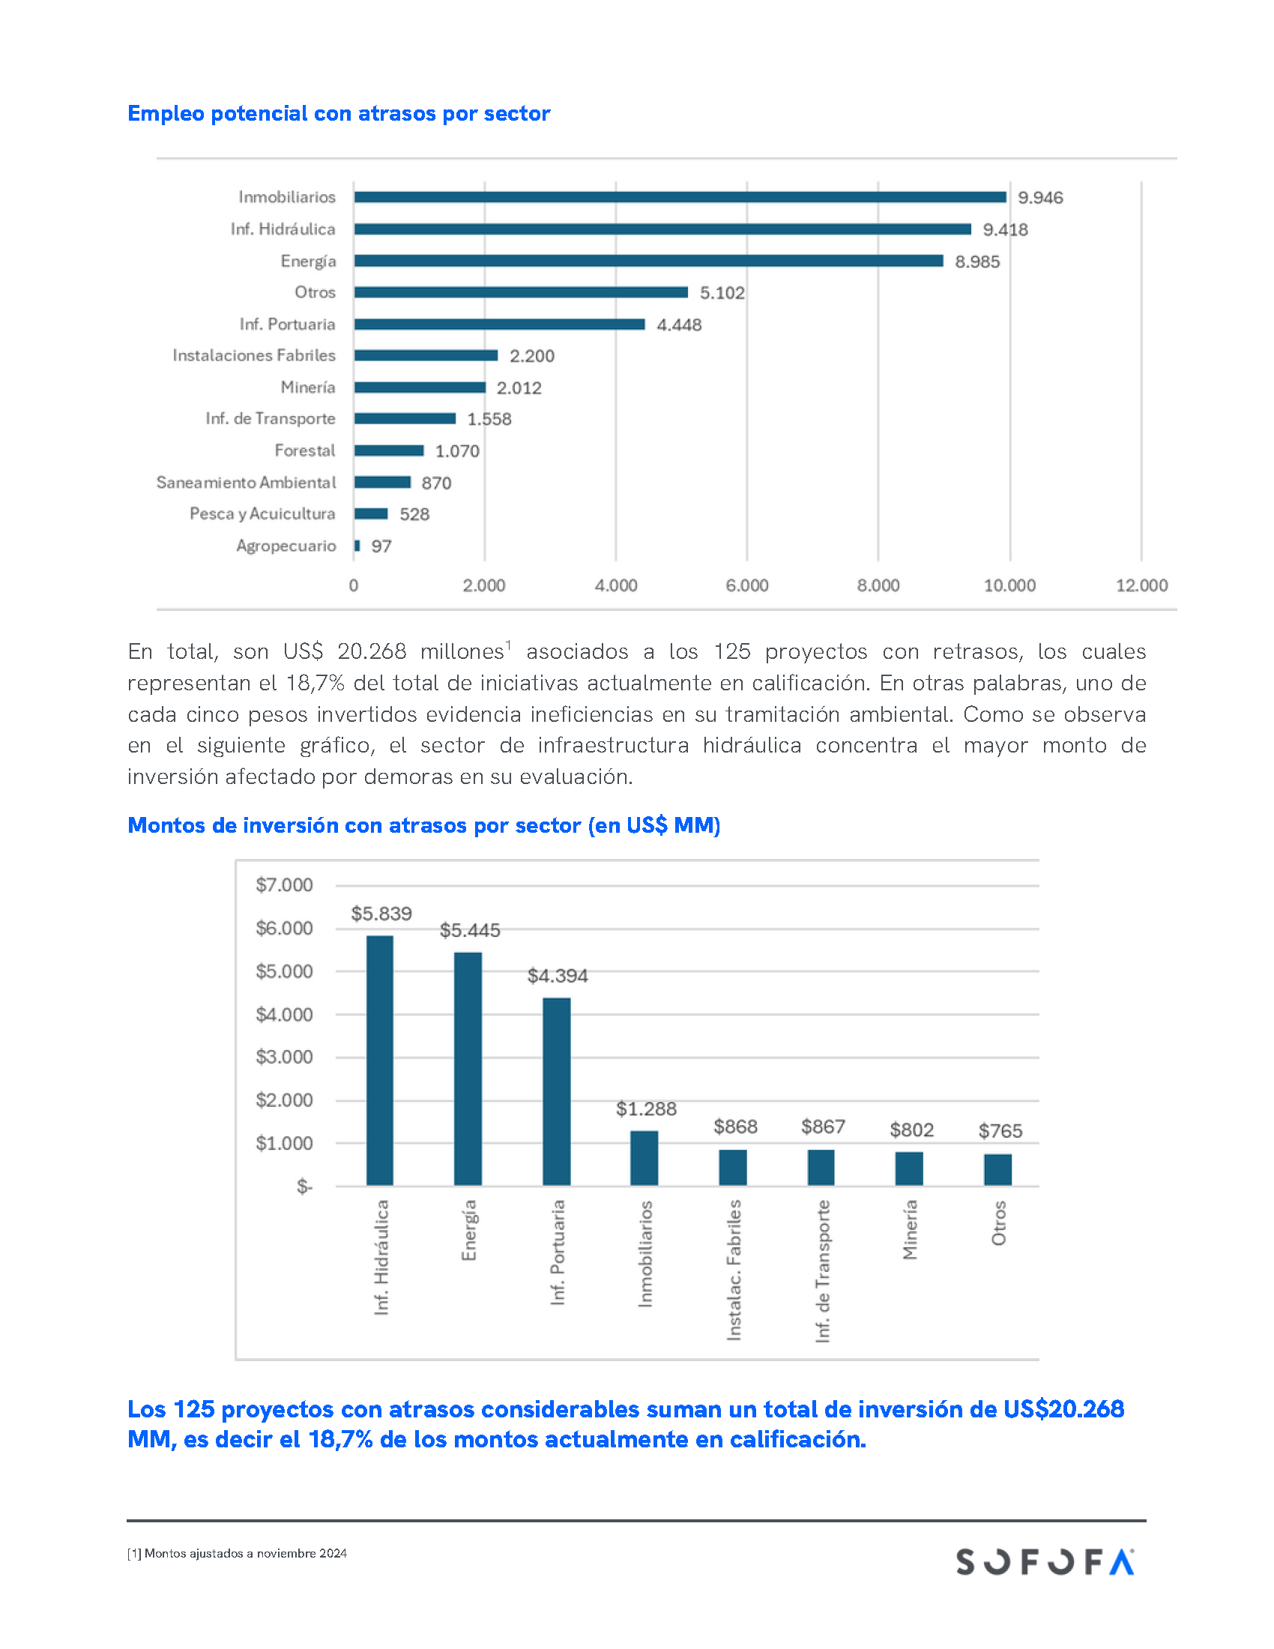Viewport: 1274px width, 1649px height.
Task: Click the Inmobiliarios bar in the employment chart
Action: tap(679, 197)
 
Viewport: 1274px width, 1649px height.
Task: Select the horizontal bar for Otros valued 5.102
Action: tap(521, 292)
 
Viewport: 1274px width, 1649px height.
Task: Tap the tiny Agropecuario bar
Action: tap(357, 546)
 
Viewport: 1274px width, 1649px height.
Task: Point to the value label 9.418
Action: tap(1004, 229)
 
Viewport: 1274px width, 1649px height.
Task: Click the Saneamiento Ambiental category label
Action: tap(246, 483)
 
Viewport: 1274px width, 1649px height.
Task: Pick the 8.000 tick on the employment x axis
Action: tap(878, 585)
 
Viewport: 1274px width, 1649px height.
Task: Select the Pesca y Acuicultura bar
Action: tap(370, 514)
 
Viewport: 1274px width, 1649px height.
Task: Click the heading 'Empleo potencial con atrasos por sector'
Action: tap(339, 113)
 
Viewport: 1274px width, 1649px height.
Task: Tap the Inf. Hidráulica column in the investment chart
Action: tap(380, 1061)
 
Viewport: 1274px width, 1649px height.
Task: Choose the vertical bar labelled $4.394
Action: tap(556, 1092)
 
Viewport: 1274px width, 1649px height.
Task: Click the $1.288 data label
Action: tap(646, 1109)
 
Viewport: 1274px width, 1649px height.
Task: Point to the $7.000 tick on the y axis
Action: tap(284, 885)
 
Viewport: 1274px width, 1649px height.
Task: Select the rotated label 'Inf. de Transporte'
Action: tap(823, 1270)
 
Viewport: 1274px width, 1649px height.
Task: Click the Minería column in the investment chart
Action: tap(909, 1169)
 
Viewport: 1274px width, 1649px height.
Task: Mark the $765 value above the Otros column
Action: tap(1000, 1130)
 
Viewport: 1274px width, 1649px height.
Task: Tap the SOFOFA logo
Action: tap(1045, 1561)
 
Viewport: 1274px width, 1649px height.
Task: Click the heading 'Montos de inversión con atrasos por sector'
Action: tap(423, 825)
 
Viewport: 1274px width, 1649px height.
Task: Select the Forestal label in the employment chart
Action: tap(305, 450)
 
